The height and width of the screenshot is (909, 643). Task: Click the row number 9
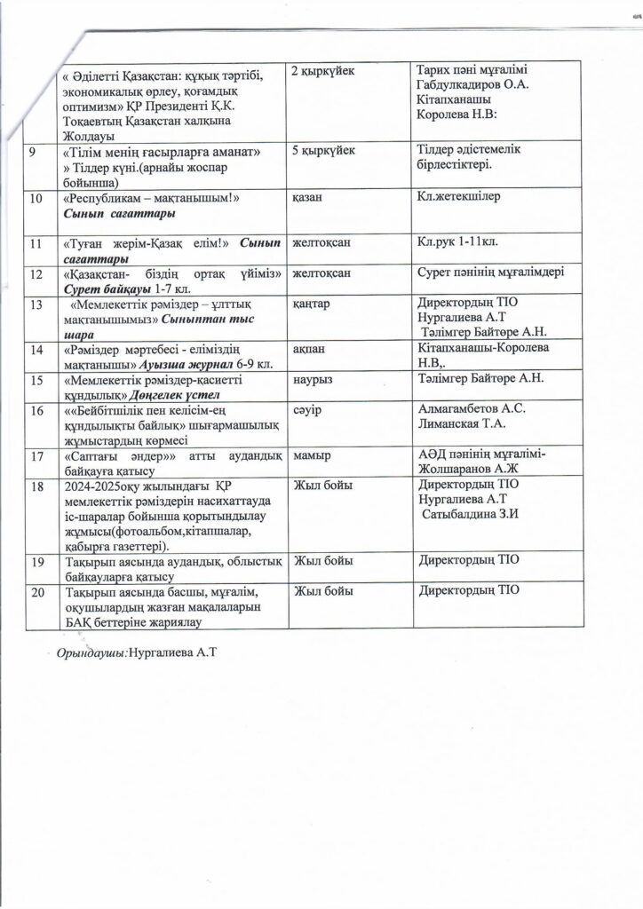pos(32,153)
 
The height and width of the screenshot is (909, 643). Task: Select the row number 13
pos(36,304)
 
